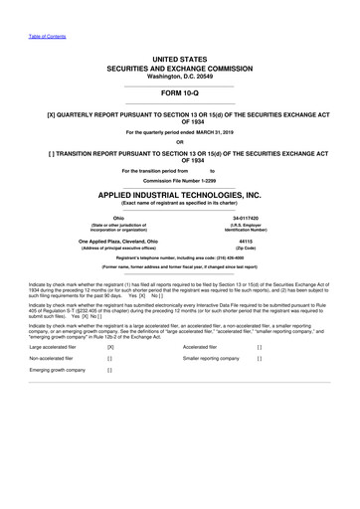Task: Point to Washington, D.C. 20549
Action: coord(179,77)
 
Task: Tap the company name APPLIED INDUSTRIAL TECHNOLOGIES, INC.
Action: coord(179,196)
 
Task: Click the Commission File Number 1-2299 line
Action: coord(179,182)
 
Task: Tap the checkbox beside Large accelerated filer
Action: coord(110,347)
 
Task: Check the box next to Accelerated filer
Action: coord(259,347)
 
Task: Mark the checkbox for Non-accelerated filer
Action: coord(110,358)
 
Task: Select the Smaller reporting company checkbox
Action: coord(259,358)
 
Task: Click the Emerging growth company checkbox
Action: coord(110,370)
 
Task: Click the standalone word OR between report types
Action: coord(179,140)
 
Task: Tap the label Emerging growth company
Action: coord(57,370)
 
